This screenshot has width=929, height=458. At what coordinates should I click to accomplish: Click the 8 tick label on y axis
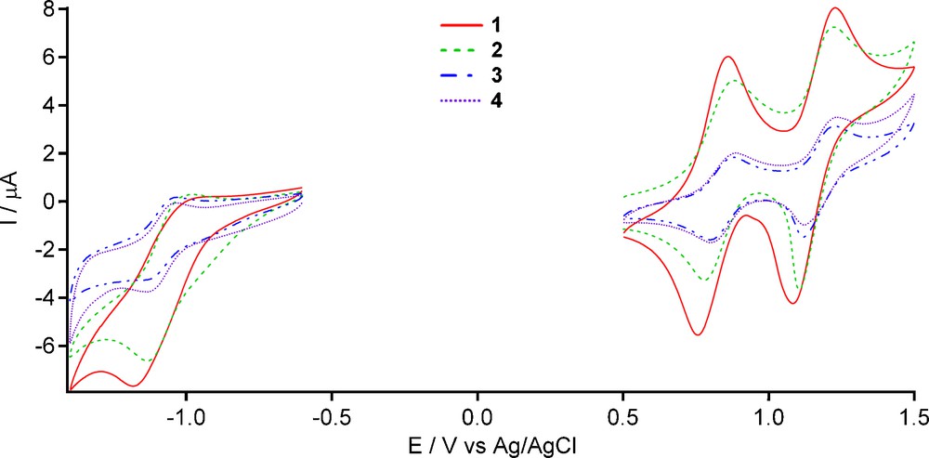(48, 10)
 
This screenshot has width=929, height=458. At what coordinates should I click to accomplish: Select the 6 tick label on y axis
(48, 58)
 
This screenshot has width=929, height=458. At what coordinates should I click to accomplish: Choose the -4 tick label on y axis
(45, 297)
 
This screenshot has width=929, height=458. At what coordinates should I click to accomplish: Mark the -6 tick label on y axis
(45, 346)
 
